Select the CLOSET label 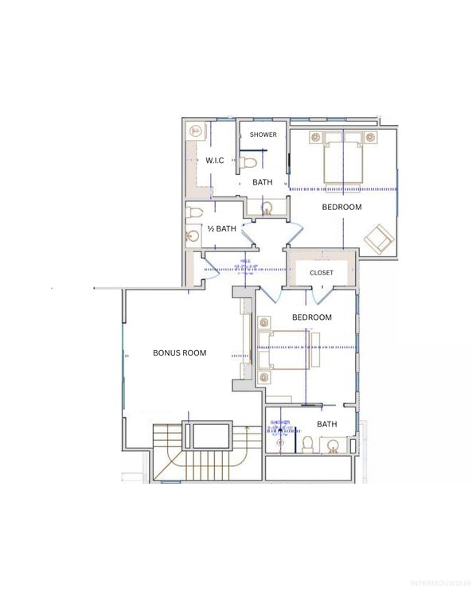[322, 273]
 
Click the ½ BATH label [221, 229]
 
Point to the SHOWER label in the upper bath [263, 134]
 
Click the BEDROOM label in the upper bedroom [341, 207]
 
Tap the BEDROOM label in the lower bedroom [312, 317]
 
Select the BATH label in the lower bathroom [327, 424]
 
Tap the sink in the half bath [193, 236]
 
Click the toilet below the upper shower [248, 164]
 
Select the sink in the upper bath [268, 208]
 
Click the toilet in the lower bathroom [306, 442]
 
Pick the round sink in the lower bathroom [334, 445]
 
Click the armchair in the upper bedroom [377, 237]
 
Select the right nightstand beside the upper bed [370, 138]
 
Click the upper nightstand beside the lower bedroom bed [263, 323]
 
